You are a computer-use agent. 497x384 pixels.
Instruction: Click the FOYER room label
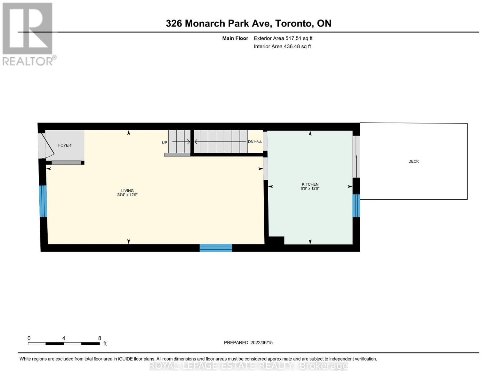(65, 145)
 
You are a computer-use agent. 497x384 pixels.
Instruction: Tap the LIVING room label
(127, 190)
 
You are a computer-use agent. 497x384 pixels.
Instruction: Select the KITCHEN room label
(310, 184)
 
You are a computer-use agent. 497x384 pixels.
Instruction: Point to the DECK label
(413, 161)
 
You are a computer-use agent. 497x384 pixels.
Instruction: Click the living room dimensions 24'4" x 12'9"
(127, 195)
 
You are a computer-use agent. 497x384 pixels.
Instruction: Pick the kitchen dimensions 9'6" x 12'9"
(310, 188)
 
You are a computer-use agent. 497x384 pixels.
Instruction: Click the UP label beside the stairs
(164, 142)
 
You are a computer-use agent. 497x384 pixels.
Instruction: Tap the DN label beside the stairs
(251, 141)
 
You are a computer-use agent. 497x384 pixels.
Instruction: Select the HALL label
(258, 141)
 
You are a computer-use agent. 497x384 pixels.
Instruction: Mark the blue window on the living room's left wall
(43, 201)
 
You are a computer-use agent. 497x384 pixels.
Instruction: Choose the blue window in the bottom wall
(216, 248)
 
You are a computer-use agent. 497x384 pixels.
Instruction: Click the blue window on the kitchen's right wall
(356, 206)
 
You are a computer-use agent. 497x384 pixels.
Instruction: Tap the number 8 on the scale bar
(100, 338)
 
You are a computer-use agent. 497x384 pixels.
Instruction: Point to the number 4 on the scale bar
(64, 338)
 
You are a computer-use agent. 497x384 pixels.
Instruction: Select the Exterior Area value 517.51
(293, 38)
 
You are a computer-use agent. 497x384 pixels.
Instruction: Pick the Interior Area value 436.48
(292, 46)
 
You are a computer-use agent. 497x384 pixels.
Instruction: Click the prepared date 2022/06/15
(261, 343)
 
